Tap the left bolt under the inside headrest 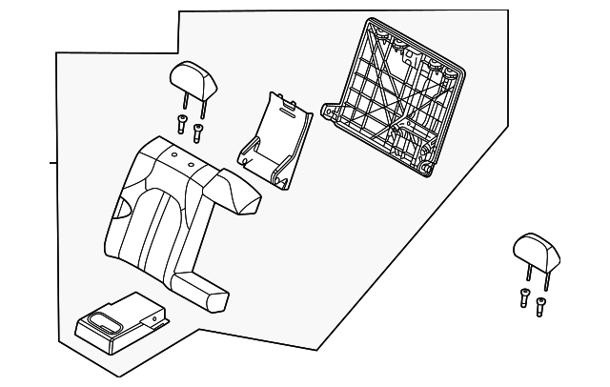[181, 122]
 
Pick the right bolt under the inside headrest [197, 131]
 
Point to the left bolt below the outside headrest [524, 296]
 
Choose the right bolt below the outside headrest [540, 306]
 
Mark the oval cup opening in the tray [102, 317]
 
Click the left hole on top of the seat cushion [173, 153]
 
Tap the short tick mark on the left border [53, 163]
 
